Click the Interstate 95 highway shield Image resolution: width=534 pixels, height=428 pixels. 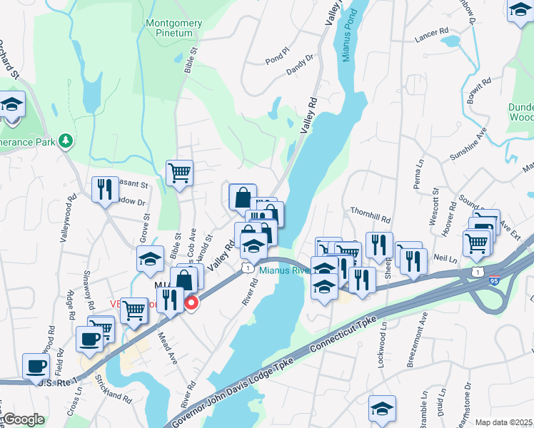coord(493,282)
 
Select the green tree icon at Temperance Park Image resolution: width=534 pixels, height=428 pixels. coord(66,141)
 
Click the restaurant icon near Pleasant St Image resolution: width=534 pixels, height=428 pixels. coord(105,189)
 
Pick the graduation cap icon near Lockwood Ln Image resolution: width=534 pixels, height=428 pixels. coord(382,408)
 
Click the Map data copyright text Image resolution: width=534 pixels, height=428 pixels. coord(503,422)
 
